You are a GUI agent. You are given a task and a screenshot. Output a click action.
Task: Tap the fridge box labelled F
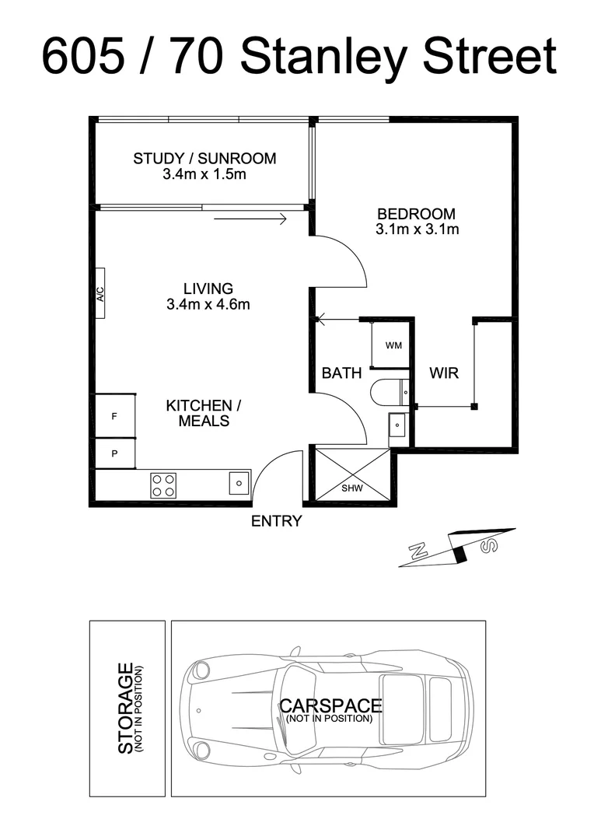[115, 416]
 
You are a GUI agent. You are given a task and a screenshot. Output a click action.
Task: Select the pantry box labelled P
[115, 453]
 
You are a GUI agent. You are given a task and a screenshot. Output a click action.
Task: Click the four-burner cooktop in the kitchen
[163, 485]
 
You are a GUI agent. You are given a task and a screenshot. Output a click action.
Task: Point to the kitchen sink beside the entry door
[239, 484]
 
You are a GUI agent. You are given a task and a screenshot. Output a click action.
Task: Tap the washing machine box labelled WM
[393, 344]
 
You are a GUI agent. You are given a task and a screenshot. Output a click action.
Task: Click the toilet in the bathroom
[386, 391]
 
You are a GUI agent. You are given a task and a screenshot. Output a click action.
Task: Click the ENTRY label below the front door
[276, 521]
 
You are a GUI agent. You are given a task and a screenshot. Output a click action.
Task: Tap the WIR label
[444, 373]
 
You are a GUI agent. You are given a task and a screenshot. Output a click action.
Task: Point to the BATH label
[341, 373]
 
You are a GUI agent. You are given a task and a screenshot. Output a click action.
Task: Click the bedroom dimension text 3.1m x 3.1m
[417, 229]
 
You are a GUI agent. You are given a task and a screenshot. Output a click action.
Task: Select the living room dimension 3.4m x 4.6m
[208, 305]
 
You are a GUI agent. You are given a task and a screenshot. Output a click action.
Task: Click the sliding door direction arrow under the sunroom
[250, 220]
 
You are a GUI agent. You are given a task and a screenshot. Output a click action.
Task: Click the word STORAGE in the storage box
[125, 709]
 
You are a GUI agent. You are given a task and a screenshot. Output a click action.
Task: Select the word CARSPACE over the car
[330, 705]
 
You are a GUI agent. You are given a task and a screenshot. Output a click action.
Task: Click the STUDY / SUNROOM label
[204, 159]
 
